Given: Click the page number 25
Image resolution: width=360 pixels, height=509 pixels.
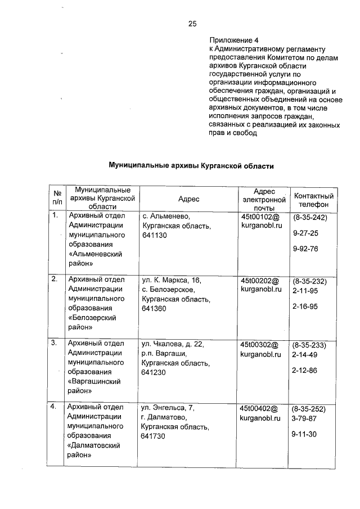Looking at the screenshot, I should [192, 23].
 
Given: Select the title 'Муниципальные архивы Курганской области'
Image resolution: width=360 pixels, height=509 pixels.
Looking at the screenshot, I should [191, 166].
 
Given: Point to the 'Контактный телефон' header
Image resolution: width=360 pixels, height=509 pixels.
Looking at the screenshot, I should [314, 200].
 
